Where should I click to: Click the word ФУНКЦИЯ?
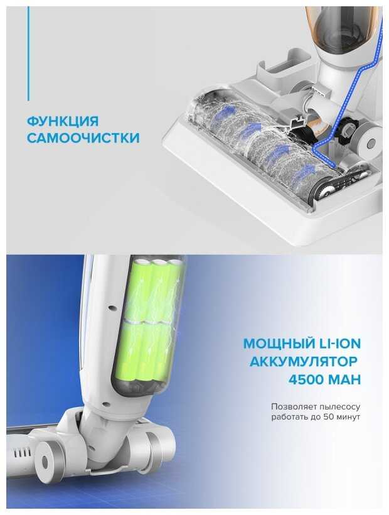[62, 121]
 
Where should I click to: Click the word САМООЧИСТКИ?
[83, 138]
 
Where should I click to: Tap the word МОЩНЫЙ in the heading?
[278, 344]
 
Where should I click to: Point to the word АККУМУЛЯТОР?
[304, 362]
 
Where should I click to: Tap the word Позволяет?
[289, 406]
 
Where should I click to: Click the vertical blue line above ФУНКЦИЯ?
[28, 53]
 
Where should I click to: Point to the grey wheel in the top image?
[369, 141]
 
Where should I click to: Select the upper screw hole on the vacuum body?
[112, 308]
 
